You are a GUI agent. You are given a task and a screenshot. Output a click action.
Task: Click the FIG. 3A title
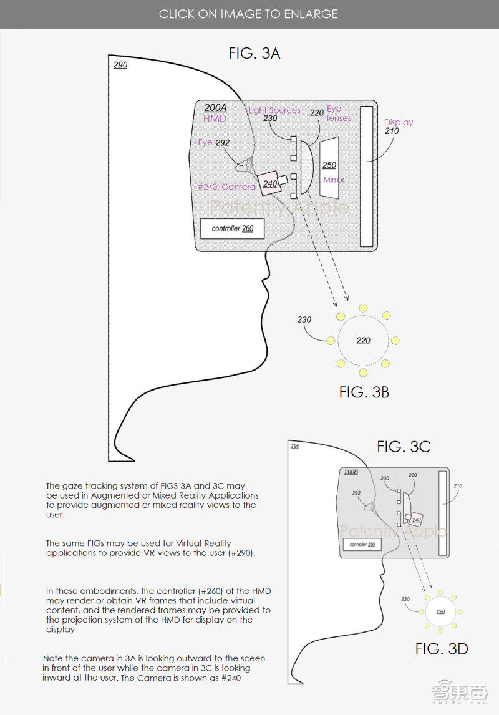pyautogui.click(x=254, y=54)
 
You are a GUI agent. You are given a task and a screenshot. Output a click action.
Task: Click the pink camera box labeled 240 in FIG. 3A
pyautogui.click(x=269, y=183)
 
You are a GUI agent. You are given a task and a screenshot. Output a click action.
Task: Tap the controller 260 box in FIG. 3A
pyautogui.click(x=232, y=229)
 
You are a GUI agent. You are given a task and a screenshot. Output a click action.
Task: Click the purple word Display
pyautogui.click(x=399, y=122)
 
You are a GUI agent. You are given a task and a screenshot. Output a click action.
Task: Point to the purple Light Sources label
pyautogui.click(x=274, y=110)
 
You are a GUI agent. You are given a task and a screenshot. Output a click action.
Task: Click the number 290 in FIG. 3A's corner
pyautogui.click(x=120, y=65)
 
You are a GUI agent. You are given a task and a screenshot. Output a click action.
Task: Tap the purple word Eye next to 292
pyautogui.click(x=205, y=143)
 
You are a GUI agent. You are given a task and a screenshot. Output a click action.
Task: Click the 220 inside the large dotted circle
pyautogui.click(x=363, y=341)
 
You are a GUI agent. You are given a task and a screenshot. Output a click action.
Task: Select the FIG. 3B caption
pyautogui.click(x=364, y=392)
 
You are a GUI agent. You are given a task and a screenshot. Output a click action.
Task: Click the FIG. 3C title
pyautogui.click(x=404, y=447)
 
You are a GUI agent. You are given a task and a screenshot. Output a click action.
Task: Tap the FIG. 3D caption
pyautogui.click(x=442, y=649)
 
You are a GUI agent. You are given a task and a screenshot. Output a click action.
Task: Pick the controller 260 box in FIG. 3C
pyautogui.click(x=362, y=545)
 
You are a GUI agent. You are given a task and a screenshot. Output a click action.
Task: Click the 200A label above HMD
pyautogui.click(x=215, y=107)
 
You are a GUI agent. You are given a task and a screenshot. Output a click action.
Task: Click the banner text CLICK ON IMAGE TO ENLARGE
pyautogui.click(x=248, y=14)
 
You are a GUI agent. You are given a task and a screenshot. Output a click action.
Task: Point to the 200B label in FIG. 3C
pyautogui.click(x=351, y=472)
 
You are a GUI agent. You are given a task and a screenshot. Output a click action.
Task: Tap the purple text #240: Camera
pyautogui.click(x=226, y=187)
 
